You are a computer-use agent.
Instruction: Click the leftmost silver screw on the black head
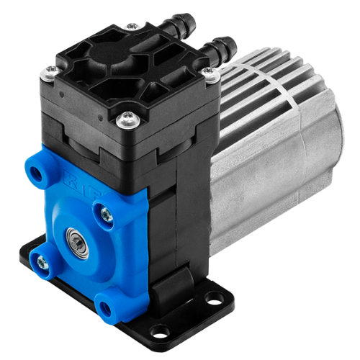click(x=50, y=70)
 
